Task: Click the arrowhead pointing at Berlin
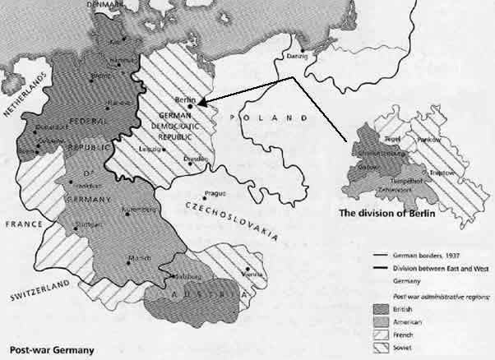pos(203,99)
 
